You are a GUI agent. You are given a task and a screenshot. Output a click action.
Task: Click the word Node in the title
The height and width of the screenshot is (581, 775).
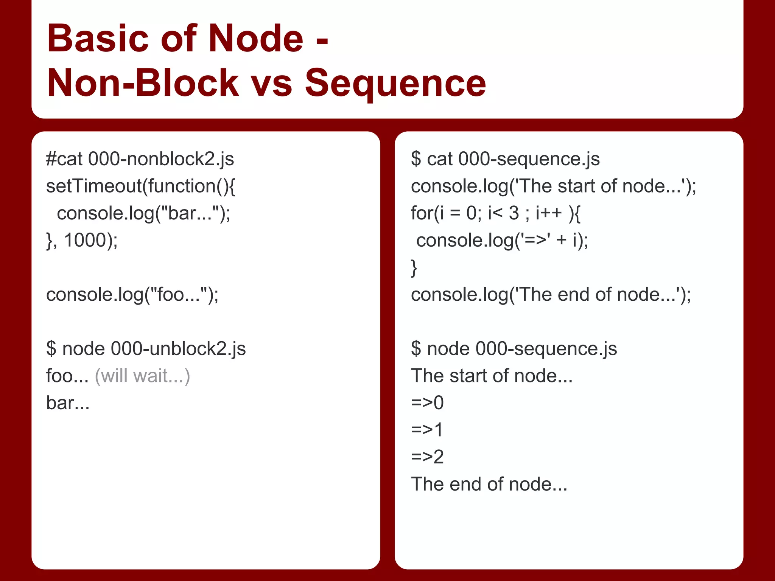[x=256, y=39]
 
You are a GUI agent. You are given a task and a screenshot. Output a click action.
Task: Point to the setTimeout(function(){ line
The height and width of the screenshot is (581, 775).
[x=140, y=186]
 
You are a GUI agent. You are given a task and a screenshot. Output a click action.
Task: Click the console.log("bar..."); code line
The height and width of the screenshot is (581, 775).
[x=143, y=213]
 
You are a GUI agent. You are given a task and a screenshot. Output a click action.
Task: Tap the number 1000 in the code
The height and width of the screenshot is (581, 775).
[x=85, y=240]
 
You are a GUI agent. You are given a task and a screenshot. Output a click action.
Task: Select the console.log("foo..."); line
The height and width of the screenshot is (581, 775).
[x=132, y=295]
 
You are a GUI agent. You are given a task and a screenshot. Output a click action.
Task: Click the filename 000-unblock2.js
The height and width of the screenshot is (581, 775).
[x=178, y=349]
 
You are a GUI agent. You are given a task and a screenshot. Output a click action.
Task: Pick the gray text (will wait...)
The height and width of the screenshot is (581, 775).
[x=142, y=376]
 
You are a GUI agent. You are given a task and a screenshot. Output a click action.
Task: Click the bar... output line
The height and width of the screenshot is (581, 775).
[x=68, y=403]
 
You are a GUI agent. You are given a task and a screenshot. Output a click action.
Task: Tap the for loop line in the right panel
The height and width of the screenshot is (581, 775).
[x=496, y=213]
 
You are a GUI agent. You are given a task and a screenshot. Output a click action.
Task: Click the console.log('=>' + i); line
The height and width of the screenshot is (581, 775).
[x=502, y=240]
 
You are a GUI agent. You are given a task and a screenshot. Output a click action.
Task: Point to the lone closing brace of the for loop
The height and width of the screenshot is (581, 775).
[x=414, y=268]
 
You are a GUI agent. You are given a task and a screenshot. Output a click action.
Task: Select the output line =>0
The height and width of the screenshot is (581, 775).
[x=427, y=403]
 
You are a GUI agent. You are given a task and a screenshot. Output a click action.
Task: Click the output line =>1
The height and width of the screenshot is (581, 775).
[x=427, y=430]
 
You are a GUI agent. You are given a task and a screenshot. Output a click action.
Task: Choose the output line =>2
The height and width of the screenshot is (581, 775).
[x=427, y=457]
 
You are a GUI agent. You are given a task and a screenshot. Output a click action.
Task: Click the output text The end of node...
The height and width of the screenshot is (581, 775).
[x=489, y=484]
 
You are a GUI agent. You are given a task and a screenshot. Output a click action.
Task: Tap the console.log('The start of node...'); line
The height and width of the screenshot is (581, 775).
[x=553, y=186]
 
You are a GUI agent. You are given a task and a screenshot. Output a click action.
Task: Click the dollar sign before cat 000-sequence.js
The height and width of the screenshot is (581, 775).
[x=416, y=159]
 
